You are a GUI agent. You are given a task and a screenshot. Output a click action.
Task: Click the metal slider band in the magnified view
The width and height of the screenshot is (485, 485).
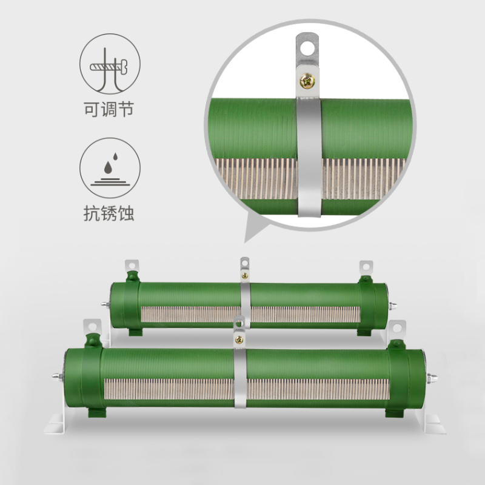click(309, 158)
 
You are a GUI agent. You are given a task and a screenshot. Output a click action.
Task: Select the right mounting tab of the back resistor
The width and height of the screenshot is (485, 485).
click(366, 267)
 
